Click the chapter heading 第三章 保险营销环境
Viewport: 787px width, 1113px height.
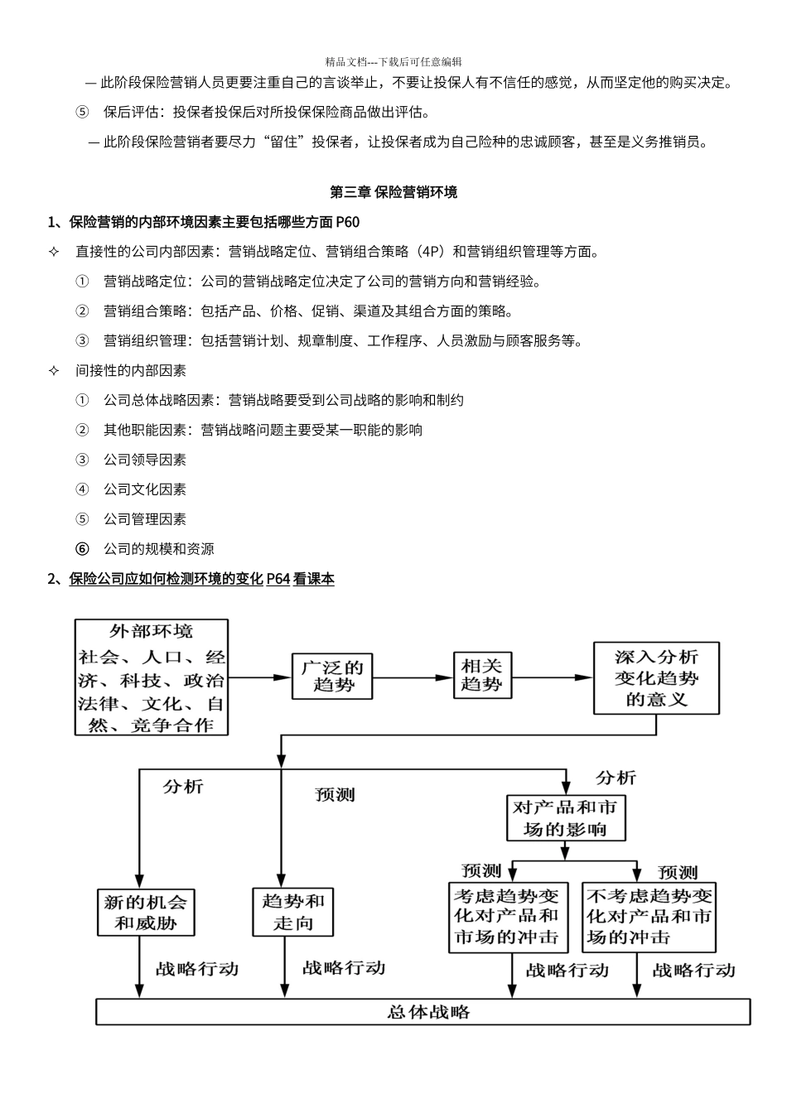[x=393, y=192]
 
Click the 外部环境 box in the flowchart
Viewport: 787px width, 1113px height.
[x=151, y=677]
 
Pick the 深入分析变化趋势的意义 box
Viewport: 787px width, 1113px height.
[x=656, y=677]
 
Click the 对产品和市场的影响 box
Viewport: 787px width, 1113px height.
[x=566, y=818]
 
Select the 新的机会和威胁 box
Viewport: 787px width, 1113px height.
[x=146, y=912]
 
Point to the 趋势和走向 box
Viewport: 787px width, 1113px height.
[x=292, y=912]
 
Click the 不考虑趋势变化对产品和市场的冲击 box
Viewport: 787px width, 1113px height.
[x=649, y=917]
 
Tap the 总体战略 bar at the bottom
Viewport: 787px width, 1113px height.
[x=423, y=1012]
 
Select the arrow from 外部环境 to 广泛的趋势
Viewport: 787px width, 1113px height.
[x=259, y=677]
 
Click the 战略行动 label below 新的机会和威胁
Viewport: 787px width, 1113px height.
[x=197, y=969]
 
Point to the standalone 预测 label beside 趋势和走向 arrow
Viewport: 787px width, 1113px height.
[x=335, y=795]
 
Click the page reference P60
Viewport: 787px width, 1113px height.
[x=348, y=222]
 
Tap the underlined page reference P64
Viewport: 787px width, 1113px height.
[x=278, y=579]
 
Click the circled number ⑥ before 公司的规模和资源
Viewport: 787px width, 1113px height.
[x=82, y=549]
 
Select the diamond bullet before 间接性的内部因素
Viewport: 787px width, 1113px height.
[x=55, y=370]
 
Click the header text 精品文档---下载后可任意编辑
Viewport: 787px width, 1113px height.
[x=393, y=61]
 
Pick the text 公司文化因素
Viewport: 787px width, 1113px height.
[x=145, y=489]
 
